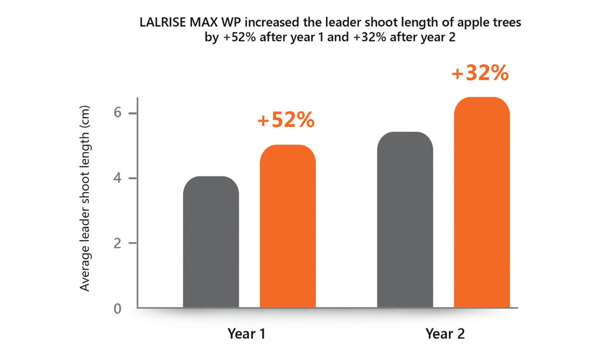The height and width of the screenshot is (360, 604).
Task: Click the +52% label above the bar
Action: [286, 120]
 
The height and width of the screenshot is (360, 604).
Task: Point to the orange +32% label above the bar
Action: [480, 73]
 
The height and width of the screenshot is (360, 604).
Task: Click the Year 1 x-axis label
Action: [246, 334]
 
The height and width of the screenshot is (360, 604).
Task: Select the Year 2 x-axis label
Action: [445, 334]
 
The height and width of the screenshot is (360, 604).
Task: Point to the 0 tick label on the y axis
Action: [117, 309]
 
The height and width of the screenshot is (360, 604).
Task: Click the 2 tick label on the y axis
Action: [117, 243]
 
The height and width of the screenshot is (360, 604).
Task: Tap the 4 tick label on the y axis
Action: [117, 178]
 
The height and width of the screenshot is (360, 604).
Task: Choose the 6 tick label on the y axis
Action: [117, 112]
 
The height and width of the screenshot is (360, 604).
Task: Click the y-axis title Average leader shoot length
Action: [84, 198]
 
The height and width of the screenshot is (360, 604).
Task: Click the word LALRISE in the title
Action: [162, 22]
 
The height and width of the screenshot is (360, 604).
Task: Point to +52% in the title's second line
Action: [240, 37]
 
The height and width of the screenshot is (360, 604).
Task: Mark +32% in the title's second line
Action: [370, 37]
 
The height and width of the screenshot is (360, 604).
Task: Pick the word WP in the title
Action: [231, 22]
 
